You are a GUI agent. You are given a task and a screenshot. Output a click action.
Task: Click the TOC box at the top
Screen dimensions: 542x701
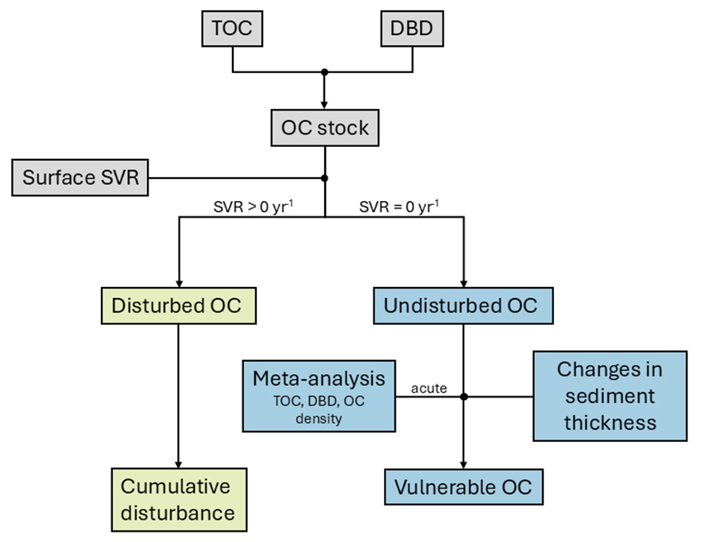click(232, 29)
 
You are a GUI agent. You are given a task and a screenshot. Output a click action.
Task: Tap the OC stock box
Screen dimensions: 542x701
click(324, 126)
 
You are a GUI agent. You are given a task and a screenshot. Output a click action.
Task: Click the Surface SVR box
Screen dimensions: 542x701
click(80, 177)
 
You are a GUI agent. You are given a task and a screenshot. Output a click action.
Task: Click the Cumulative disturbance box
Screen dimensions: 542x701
click(177, 500)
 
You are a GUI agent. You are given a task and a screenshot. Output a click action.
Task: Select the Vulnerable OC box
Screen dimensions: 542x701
click(463, 486)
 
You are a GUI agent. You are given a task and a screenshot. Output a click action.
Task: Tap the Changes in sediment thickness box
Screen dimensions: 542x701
click(610, 395)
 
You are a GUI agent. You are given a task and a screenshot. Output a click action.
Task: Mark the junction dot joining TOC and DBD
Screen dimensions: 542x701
click(324, 72)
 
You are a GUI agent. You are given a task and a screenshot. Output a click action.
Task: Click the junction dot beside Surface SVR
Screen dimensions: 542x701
click(324, 177)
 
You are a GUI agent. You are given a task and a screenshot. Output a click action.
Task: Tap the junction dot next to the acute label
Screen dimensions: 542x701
click(463, 396)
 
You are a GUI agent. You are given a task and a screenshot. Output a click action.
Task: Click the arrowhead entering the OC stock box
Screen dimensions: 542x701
click(324, 103)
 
